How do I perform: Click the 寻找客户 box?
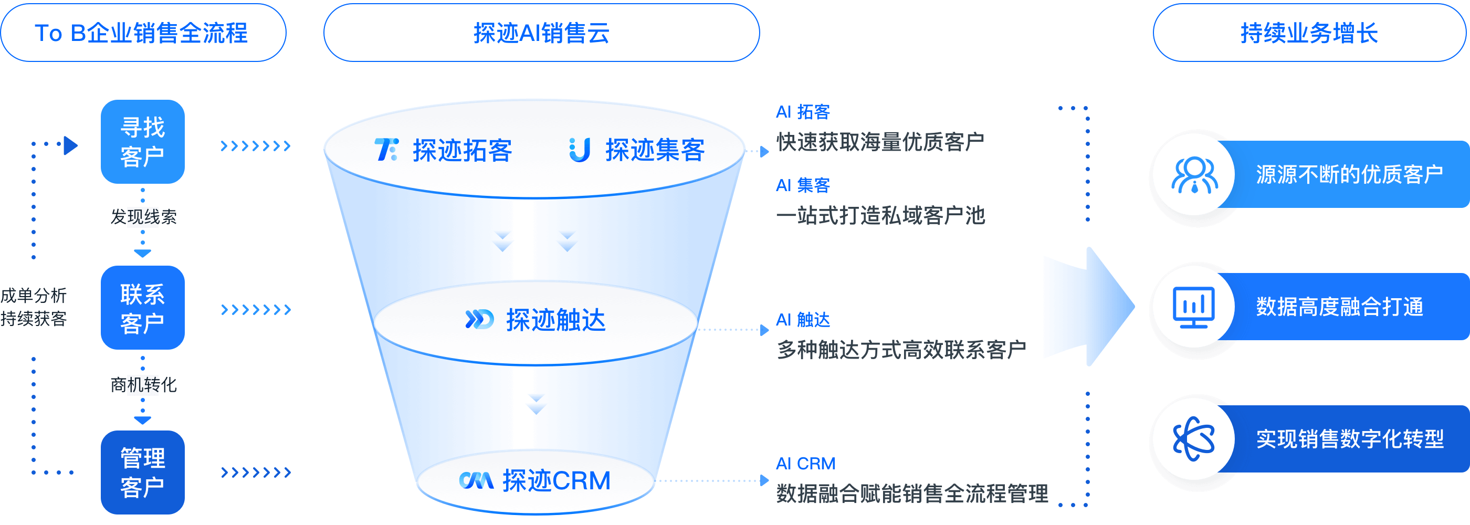pos(143,142)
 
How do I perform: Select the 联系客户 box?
pos(143,308)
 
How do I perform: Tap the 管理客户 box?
pos(143,472)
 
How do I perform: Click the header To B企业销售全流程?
pos(143,33)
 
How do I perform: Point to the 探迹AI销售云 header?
pos(541,33)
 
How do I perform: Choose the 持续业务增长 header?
pos(1309,33)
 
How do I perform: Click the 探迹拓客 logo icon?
pos(386,150)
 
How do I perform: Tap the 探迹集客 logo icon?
pos(580,150)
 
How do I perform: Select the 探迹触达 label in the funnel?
pos(555,320)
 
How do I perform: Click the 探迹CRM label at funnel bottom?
pos(556,480)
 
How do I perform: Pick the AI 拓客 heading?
pos(803,112)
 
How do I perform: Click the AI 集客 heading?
pos(803,185)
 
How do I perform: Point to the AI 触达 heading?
pos(803,320)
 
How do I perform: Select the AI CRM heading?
pos(805,464)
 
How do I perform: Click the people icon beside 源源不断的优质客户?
pos(1194,175)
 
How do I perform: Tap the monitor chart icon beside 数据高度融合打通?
pos(1194,307)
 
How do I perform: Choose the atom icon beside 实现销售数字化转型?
pos(1194,439)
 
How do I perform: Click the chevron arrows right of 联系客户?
pos(256,309)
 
